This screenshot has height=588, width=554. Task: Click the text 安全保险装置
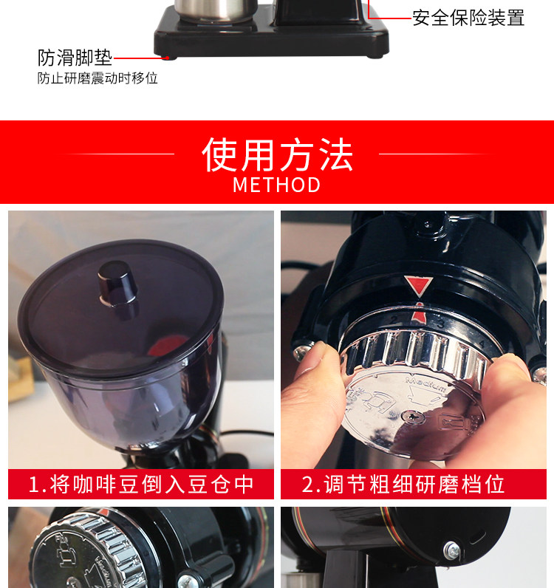[x=468, y=18]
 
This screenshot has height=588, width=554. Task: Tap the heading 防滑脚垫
[x=75, y=58]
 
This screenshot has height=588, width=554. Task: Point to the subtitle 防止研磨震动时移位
[x=98, y=78]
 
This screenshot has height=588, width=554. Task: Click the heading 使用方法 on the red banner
[x=277, y=154]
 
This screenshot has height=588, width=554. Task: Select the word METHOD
[x=277, y=185]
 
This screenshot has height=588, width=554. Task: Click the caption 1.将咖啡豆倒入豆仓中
[x=141, y=484]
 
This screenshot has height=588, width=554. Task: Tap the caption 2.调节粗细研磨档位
[x=403, y=484]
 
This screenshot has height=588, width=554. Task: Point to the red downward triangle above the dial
[x=418, y=286]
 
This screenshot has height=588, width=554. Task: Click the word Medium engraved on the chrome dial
[x=425, y=383]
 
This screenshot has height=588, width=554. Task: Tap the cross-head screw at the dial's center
[x=412, y=416]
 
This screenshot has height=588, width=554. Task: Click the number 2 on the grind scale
[x=394, y=320]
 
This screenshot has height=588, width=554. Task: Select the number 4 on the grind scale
[x=482, y=343]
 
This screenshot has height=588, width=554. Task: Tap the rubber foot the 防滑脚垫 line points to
[x=171, y=58]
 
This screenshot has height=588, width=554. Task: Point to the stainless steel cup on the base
[x=216, y=10]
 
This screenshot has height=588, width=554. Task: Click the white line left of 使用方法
[x=116, y=154]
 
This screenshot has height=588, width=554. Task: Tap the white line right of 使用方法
[x=437, y=154]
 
